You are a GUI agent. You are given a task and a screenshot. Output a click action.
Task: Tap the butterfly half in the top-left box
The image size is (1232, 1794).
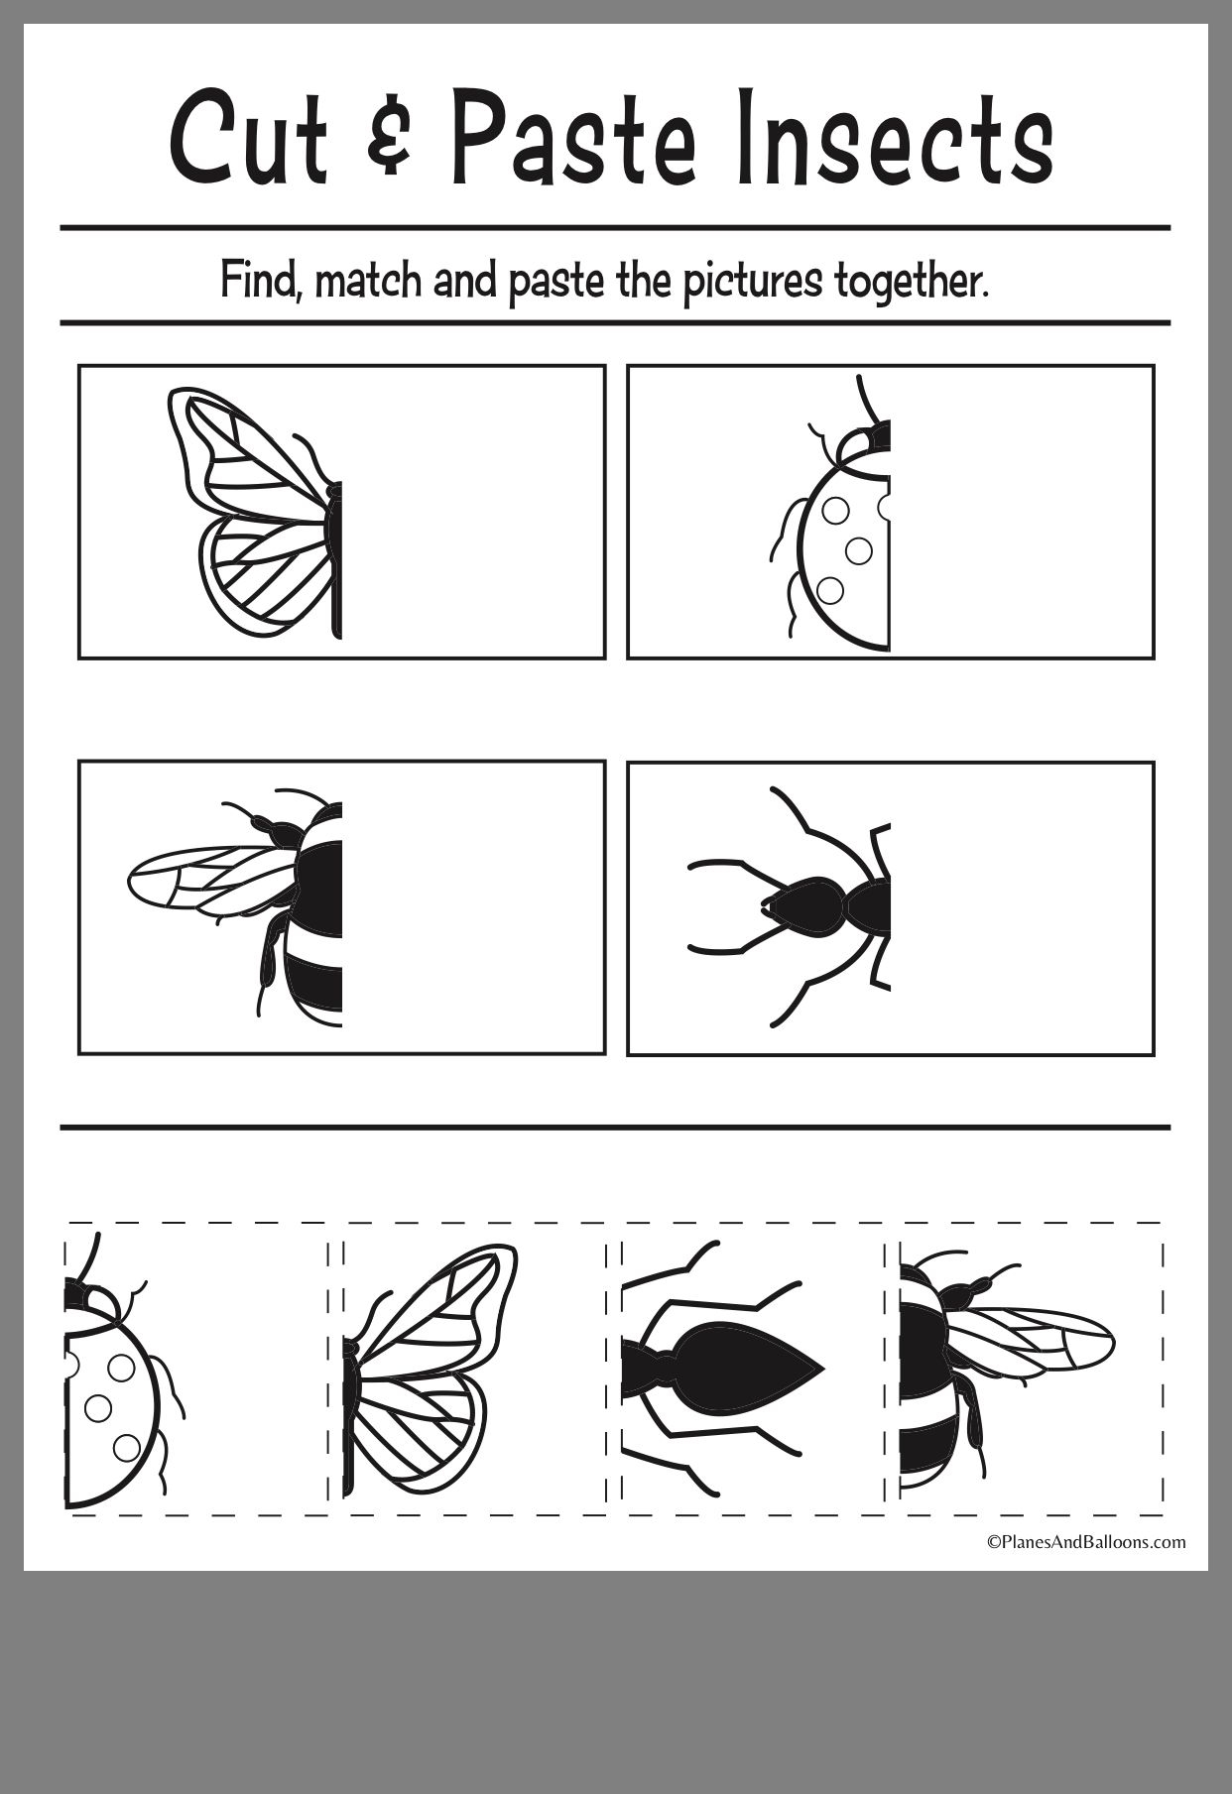pos(253,513)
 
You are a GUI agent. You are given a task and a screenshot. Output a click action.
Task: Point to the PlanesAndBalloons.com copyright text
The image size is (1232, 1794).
pos(1085,1540)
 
